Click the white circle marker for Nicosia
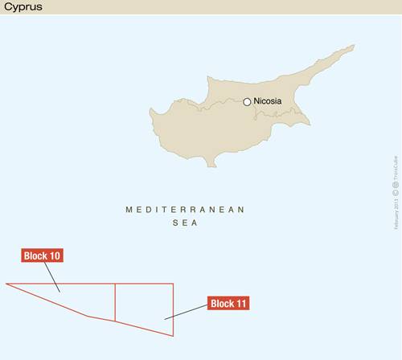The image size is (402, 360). pos(248,102)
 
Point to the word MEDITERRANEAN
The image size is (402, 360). pos(184,209)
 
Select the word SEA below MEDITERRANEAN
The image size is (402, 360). pos(185,223)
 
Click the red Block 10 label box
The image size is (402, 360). pos(42,256)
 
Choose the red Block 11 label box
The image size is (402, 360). pos(229,304)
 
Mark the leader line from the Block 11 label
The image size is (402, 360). pos(186,313)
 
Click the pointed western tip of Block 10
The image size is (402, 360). pos(6,283)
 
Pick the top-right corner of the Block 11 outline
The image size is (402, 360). pos(174,283)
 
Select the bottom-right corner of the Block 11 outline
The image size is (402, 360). pos(174,336)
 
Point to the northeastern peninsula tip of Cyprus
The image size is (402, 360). pos(353,46)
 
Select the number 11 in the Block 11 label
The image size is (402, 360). pos(240,304)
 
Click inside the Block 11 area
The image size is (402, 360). pos(145,305)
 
